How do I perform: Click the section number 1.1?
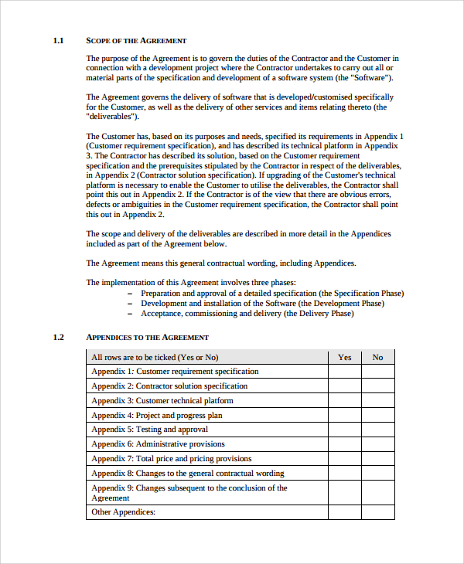tap(57, 40)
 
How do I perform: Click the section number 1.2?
tap(57, 337)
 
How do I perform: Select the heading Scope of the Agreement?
tap(136, 40)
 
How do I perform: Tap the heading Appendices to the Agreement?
tap(147, 337)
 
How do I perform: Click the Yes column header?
tap(345, 357)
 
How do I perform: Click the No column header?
tap(377, 357)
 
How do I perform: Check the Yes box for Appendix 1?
tap(345, 372)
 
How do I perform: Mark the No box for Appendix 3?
tap(377, 400)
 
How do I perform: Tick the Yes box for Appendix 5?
tap(345, 430)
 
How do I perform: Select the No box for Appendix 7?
tap(377, 458)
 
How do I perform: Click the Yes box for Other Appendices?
tap(345, 512)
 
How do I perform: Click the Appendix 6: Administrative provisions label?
tap(158, 444)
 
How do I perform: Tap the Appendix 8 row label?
tap(187, 473)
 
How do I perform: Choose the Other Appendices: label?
tap(123, 512)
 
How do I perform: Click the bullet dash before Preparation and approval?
tap(130, 294)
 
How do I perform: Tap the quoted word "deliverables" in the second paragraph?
tap(112, 117)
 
